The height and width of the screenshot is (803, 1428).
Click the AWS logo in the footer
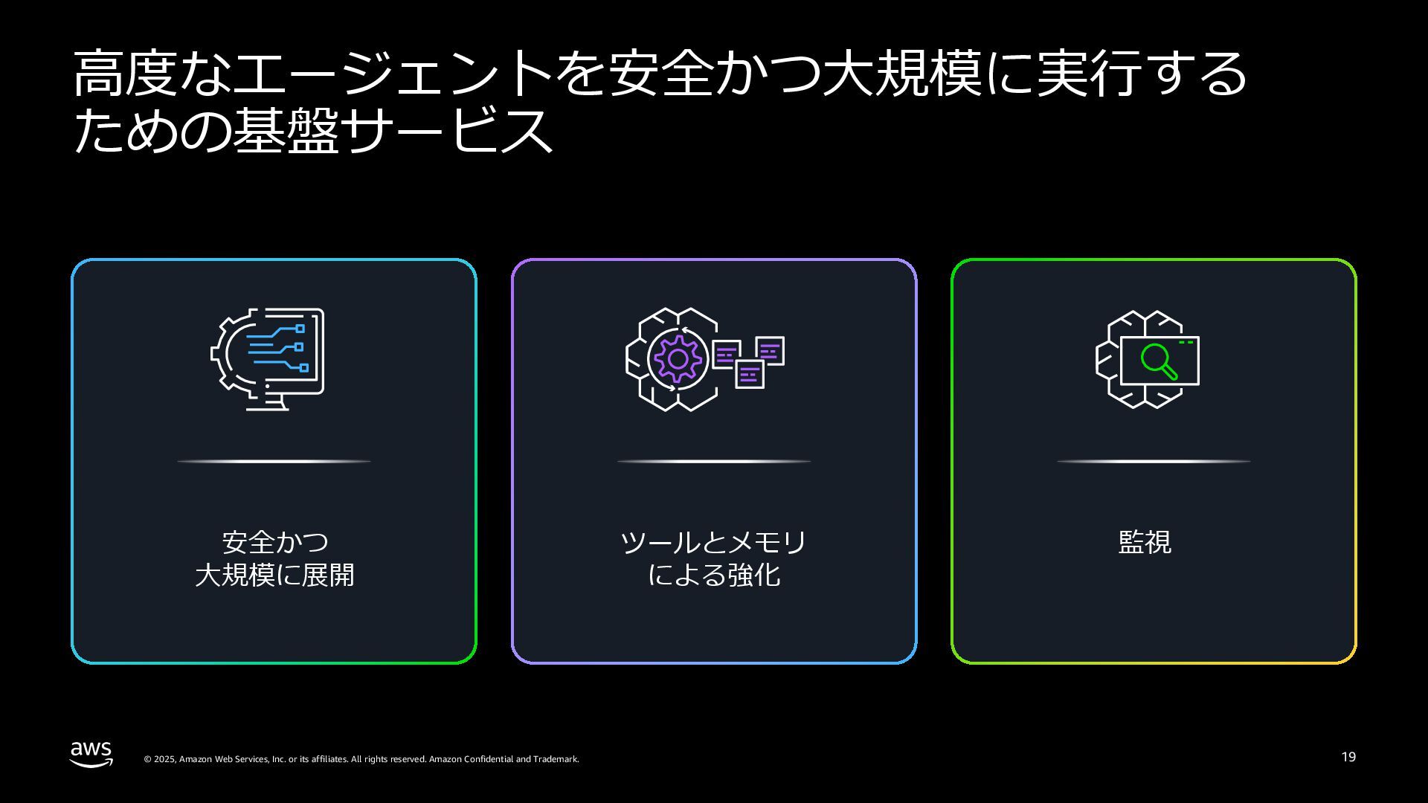[x=91, y=753]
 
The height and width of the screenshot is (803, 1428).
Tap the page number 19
[x=1348, y=757]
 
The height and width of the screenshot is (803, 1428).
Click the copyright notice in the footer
[x=361, y=759]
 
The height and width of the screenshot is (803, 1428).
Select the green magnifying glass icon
[x=1158, y=361]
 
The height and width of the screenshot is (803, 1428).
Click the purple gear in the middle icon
[x=677, y=359]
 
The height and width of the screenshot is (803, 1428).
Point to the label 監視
[x=1145, y=542]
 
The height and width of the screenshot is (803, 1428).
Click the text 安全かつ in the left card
[x=274, y=542]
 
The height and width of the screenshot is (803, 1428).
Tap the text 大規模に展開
[x=274, y=575]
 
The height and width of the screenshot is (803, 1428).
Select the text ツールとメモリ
[x=713, y=542]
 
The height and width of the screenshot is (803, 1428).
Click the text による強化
[x=713, y=575]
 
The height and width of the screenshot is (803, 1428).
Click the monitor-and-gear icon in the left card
[x=268, y=358]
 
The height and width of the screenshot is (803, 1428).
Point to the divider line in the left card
[x=274, y=462]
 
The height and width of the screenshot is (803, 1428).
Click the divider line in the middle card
[x=713, y=462]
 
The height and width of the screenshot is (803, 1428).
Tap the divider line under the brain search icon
[x=1154, y=462]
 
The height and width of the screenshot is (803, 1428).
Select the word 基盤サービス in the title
[x=393, y=132]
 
